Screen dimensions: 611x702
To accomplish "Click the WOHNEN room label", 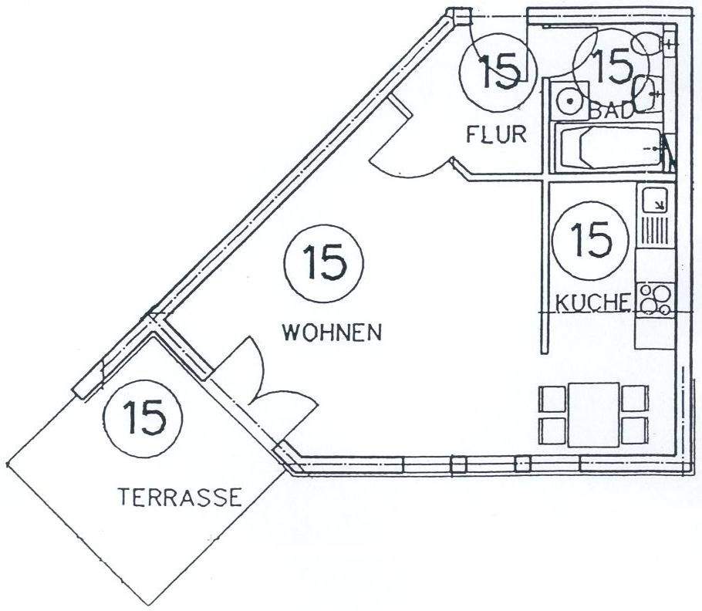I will (332, 333).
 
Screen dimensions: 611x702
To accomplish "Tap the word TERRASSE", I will (181, 496).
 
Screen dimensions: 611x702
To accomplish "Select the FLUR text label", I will (496, 134).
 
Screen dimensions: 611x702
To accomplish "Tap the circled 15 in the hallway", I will (497, 71).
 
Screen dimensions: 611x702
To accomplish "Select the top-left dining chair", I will (552, 398).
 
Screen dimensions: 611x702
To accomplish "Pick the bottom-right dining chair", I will (633, 429).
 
